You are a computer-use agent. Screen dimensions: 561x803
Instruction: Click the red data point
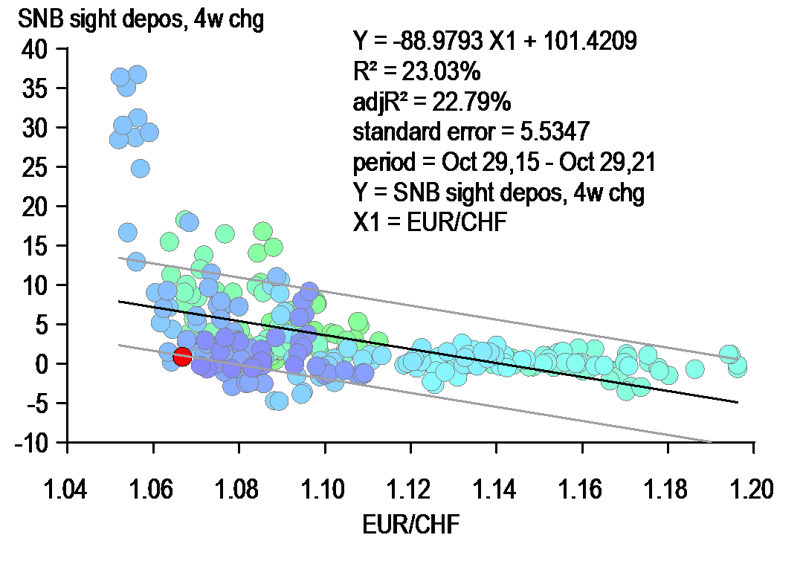[x=182, y=357]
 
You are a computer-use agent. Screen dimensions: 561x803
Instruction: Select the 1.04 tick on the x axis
[x=68, y=491]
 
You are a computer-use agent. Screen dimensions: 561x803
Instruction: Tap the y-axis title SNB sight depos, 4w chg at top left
[x=132, y=20]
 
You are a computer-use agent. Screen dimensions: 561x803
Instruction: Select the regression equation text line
[x=494, y=42]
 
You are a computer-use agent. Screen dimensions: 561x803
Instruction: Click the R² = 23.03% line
[x=417, y=71]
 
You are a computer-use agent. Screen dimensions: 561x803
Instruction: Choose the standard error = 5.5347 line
[x=471, y=132]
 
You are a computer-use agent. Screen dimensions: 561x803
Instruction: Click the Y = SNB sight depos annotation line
[x=498, y=192]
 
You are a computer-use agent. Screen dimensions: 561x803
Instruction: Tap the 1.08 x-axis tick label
[x=239, y=491]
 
